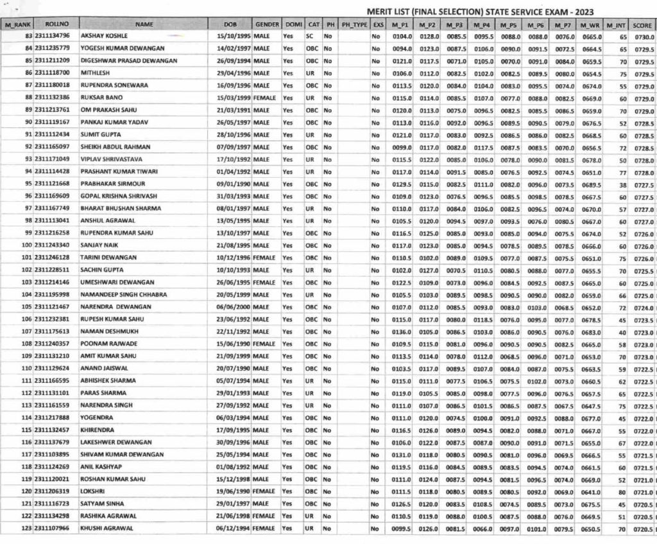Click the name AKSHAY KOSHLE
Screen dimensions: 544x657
click(103, 36)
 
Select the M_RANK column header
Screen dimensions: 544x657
click(17, 24)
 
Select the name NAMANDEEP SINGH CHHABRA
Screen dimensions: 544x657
click(123, 295)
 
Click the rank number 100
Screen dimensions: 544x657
click(26, 245)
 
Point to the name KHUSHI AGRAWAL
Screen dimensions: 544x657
click(107, 529)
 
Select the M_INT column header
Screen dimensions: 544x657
click(616, 24)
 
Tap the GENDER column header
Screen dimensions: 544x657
click(267, 24)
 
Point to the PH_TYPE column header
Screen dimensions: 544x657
click(354, 24)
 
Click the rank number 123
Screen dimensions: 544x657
click(26, 529)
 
